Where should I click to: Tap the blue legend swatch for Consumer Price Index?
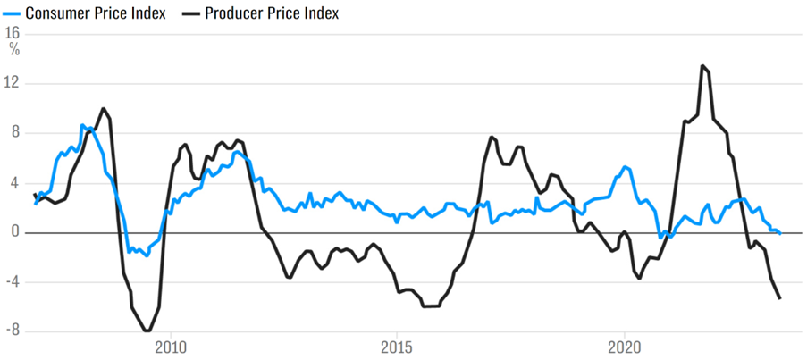tap(11, 14)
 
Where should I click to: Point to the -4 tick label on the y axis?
tap(12, 282)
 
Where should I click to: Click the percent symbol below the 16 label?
tap(13, 49)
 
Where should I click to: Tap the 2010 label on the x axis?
tap(171, 347)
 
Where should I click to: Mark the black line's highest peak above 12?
tap(702, 66)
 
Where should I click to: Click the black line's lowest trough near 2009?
tap(147, 331)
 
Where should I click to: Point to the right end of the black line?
tap(780, 298)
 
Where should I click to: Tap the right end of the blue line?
tap(780, 234)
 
